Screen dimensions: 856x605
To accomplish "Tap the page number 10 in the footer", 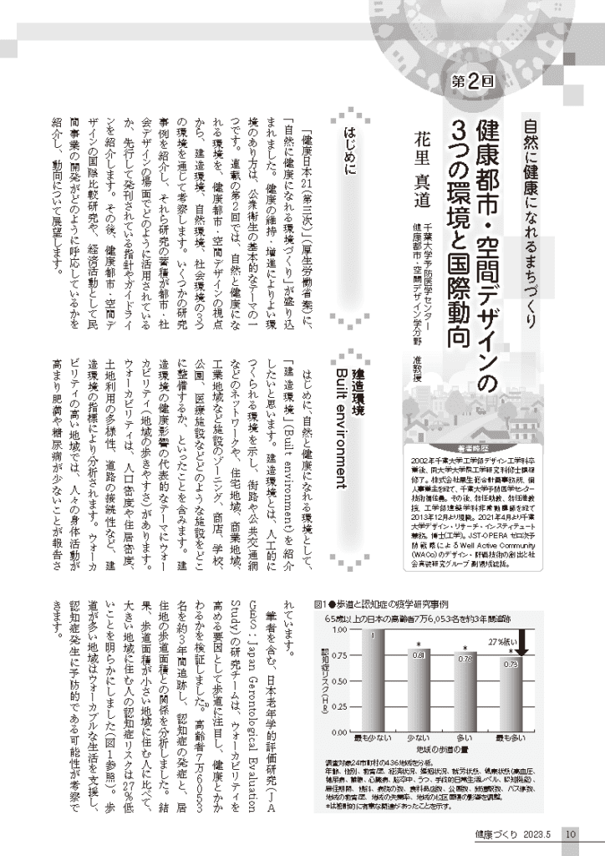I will pyautogui.click(x=567, y=833).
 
